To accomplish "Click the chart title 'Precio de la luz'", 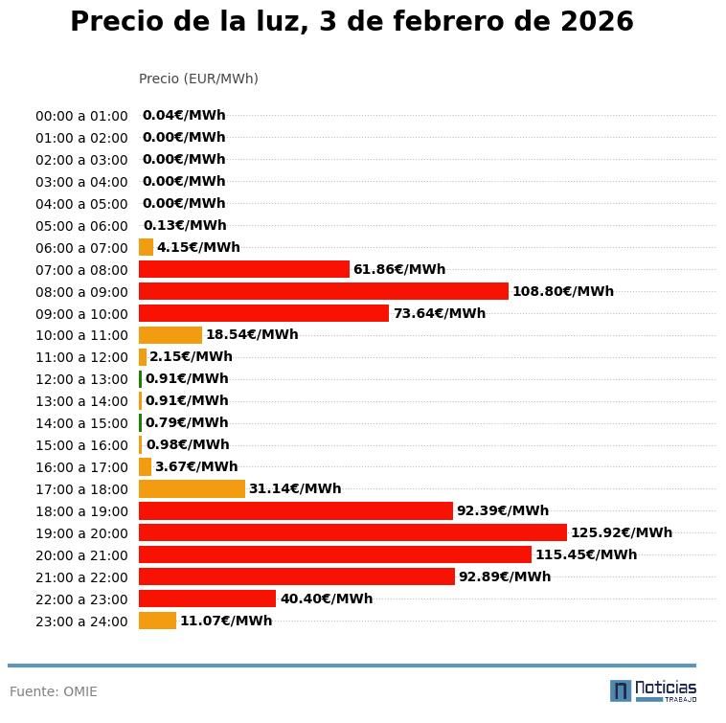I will point(352,22).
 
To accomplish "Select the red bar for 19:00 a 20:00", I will point(352,532).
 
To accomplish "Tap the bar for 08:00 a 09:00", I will point(324,291).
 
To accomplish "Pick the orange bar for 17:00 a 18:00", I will point(192,488).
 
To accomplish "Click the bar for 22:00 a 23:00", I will point(207,599).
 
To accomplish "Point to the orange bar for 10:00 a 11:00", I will point(170,335).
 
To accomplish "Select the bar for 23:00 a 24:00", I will point(157,621).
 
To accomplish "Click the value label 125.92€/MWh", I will point(622,532).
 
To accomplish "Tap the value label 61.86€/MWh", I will point(399,269).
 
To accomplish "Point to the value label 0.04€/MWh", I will point(184,116).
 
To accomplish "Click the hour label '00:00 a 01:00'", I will point(81,116).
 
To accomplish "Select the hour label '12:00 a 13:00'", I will point(81,379).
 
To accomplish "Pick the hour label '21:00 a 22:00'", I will point(81,577).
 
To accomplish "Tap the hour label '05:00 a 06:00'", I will point(81,226).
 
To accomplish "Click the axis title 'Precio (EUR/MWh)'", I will point(198,79).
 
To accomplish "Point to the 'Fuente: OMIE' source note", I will point(54,691).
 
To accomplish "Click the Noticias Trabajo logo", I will point(653,690).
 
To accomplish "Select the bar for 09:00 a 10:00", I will point(263,313).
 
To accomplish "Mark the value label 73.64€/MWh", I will point(440,313).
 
